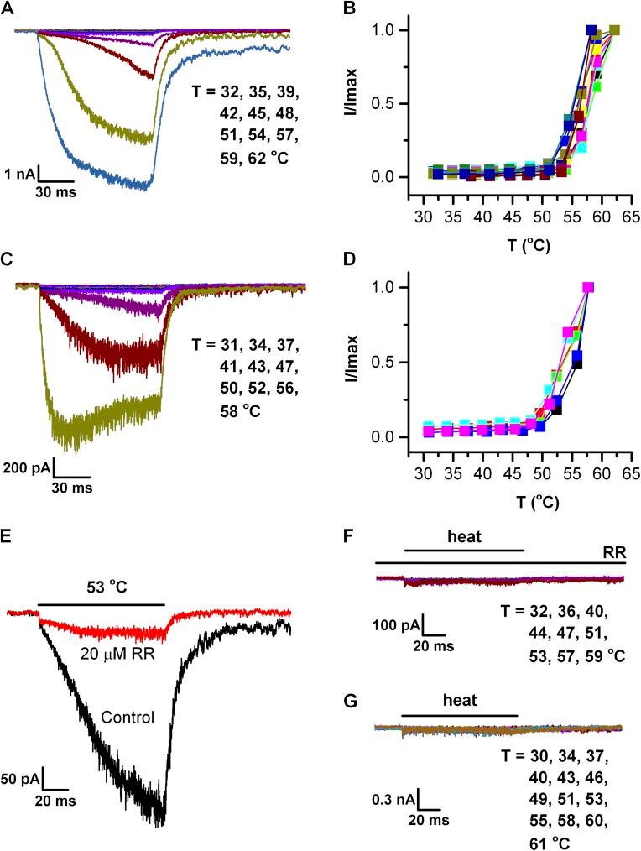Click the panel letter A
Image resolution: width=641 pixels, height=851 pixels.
pyautogui.click(x=8, y=9)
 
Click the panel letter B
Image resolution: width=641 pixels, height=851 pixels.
pyautogui.click(x=333, y=9)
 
